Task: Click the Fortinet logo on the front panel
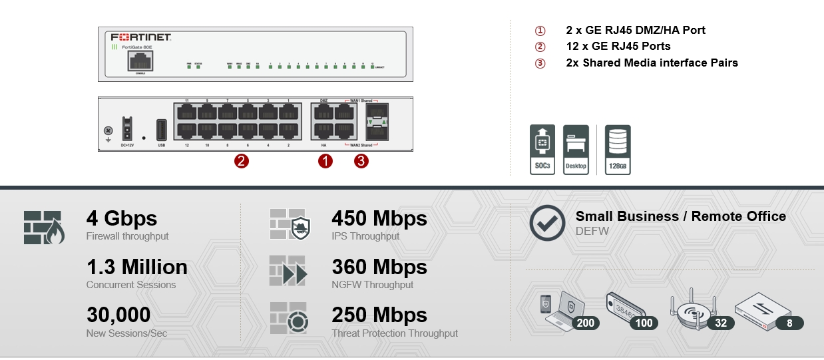[140, 37]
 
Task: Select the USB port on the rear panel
[162, 128]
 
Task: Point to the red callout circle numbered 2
[242, 160]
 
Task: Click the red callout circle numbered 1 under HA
[325, 160]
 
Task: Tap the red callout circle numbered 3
[361, 160]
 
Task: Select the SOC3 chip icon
[542, 149]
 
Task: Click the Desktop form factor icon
[576, 149]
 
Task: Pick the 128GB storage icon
[618, 149]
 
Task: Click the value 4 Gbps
[122, 218]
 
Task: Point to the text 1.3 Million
[136, 267]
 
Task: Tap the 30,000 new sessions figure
[118, 315]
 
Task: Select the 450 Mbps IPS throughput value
[379, 218]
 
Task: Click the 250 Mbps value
[379, 315]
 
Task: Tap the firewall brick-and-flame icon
[44, 227]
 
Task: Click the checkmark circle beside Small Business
[547, 223]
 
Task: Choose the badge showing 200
[585, 323]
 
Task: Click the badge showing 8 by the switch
[789, 323]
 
